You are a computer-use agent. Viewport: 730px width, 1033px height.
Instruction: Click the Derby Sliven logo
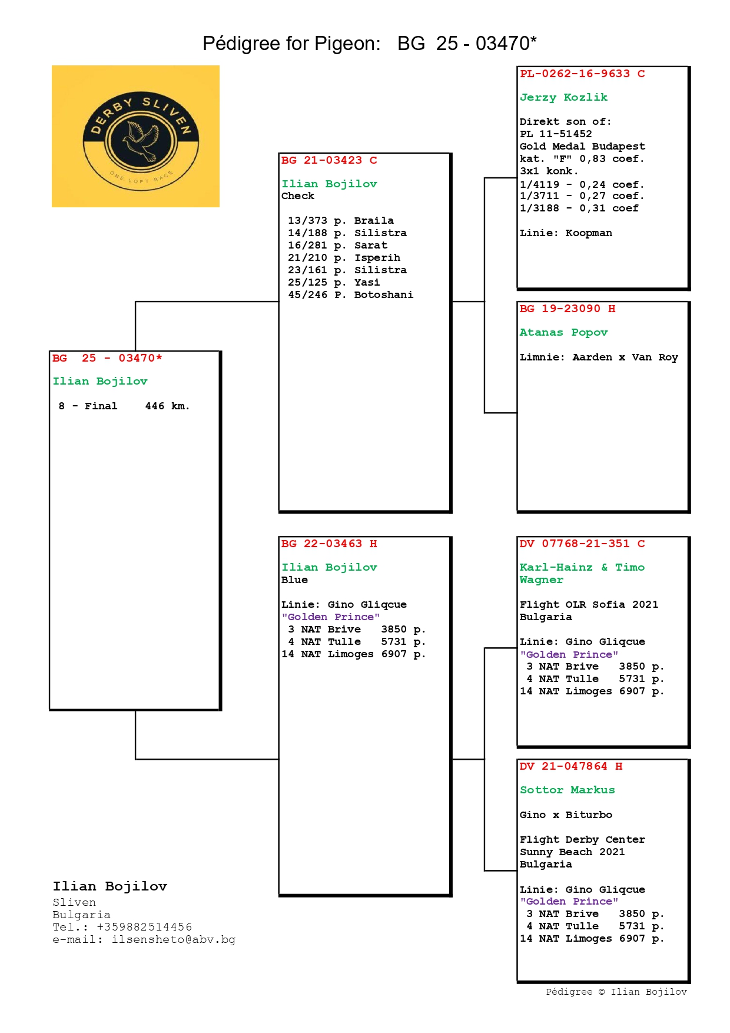point(135,136)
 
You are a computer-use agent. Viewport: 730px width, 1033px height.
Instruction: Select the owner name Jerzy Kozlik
point(563,97)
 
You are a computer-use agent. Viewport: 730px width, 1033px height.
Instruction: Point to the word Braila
point(374,220)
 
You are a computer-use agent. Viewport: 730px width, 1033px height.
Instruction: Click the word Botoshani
point(383,294)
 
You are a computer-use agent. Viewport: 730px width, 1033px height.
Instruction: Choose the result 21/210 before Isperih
point(307,257)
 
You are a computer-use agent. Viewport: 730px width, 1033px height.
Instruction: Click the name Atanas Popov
point(563,332)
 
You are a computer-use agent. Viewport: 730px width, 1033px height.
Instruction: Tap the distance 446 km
point(167,406)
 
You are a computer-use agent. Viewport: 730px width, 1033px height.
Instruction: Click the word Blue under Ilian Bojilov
point(294,580)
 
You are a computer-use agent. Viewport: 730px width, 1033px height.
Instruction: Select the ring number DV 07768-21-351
point(575,544)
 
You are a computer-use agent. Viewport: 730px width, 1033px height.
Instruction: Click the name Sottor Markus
point(567,790)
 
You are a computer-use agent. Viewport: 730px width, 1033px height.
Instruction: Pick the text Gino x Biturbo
point(566,815)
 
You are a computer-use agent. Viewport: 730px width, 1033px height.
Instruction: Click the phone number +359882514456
point(144,927)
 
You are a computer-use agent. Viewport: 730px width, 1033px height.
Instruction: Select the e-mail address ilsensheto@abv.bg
point(174,939)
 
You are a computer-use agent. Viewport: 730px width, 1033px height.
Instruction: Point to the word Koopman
point(589,233)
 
